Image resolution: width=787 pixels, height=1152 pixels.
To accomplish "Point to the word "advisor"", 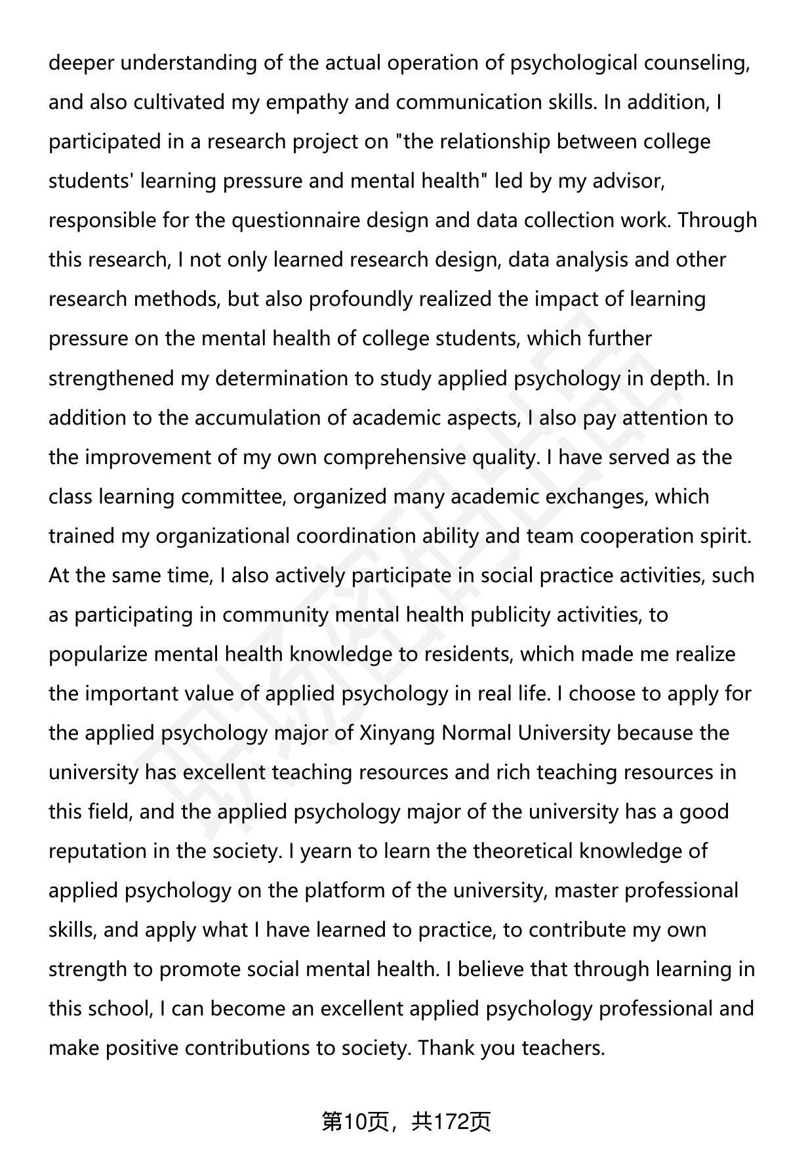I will point(628,181).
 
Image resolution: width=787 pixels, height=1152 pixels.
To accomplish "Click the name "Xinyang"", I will point(397,733).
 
